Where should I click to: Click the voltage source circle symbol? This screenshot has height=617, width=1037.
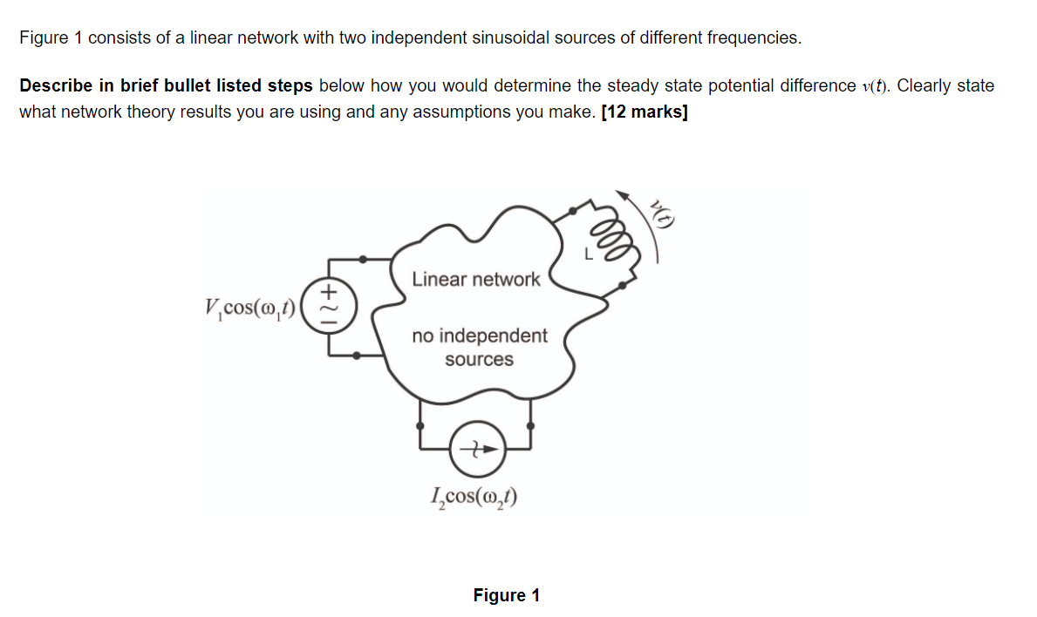tap(330, 307)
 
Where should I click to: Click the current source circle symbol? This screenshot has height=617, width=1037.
tap(476, 450)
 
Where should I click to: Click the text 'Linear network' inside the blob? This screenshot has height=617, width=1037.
tap(475, 280)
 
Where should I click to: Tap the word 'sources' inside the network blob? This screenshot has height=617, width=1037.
tap(479, 359)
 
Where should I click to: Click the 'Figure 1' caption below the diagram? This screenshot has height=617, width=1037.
tap(506, 595)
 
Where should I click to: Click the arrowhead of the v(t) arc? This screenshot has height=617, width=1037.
tap(622, 195)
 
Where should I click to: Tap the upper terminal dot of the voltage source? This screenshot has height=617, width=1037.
tap(364, 259)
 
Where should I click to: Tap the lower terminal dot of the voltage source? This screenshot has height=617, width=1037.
tap(358, 355)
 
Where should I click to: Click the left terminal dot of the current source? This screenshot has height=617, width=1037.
tap(421, 427)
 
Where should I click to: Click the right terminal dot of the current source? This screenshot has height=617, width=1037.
tap(531, 427)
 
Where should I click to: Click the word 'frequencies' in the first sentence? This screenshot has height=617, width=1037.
tap(753, 37)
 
